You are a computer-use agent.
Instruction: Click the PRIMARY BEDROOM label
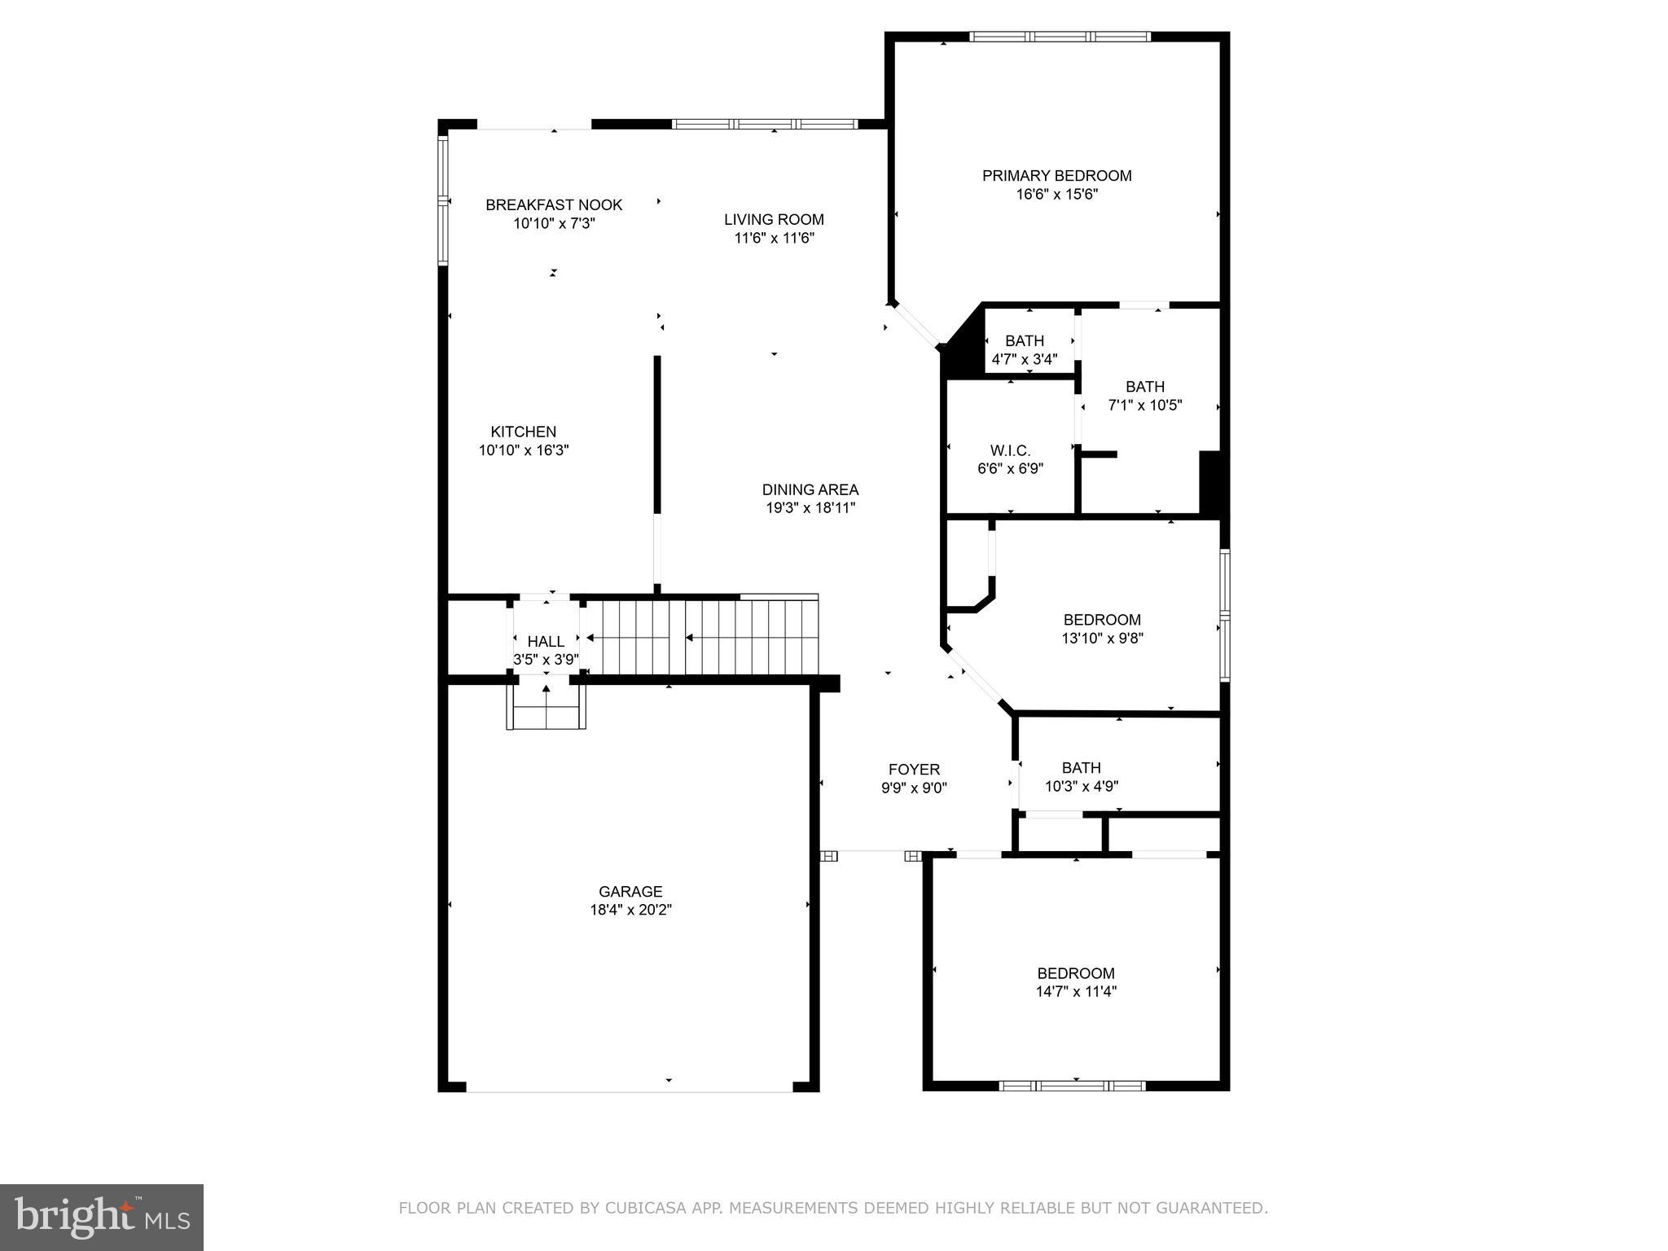pyautogui.click(x=1056, y=176)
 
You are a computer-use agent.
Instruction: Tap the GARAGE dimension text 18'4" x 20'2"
pyautogui.click(x=630, y=910)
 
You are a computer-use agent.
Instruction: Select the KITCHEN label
pyautogui.click(x=523, y=432)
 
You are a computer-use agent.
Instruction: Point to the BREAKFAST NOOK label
pyautogui.click(x=554, y=205)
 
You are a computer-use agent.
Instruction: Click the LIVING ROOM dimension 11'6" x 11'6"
pyautogui.click(x=774, y=238)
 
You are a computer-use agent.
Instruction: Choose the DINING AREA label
pyautogui.click(x=810, y=489)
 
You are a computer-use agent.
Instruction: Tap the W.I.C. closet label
pyautogui.click(x=1010, y=450)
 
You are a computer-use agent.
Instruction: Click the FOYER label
pyautogui.click(x=914, y=769)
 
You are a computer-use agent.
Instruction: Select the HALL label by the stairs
pyautogui.click(x=546, y=642)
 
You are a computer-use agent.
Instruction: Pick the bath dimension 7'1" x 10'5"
pyautogui.click(x=1144, y=405)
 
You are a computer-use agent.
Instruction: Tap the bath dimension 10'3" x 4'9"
pyautogui.click(x=1081, y=786)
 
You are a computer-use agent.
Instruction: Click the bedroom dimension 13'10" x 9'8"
pyautogui.click(x=1102, y=639)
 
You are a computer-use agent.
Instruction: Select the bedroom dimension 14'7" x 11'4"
pyautogui.click(x=1075, y=991)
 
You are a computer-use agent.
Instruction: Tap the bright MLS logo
pyautogui.click(x=102, y=1218)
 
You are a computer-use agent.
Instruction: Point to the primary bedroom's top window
pyautogui.click(x=1059, y=37)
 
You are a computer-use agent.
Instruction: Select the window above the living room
pyautogui.click(x=764, y=125)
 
